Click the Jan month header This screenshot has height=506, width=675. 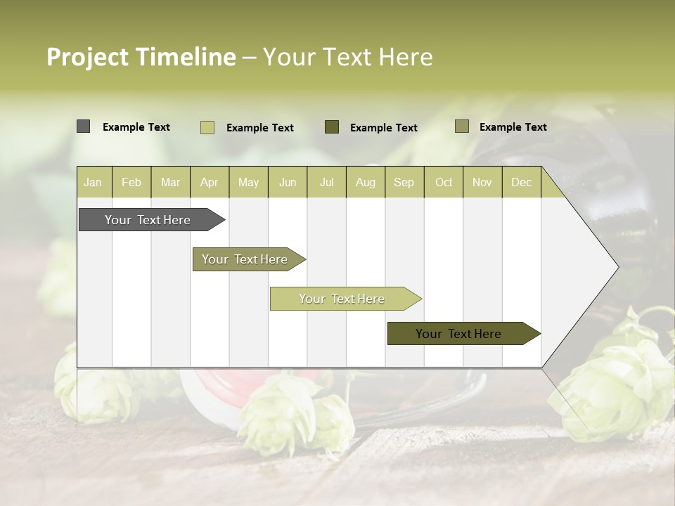pyautogui.click(x=93, y=182)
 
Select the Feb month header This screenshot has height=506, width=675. pyautogui.click(x=131, y=182)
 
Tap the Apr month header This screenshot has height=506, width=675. pyautogui.click(x=209, y=182)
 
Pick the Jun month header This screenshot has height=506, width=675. pyautogui.click(x=288, y=182)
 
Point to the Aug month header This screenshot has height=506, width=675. pyautogui.click(x=365, y=182)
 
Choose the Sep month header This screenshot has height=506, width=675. pyautogui.click(x=404, y=182)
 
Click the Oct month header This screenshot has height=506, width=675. pyautogui.click(x=444, y=182)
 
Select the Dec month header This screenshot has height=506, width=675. pyautogui.click(x=521, y=182)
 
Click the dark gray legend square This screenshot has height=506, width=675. pyautogui.click(x=83, y=126)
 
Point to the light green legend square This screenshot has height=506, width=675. pyautogui.click(x=207, y=127)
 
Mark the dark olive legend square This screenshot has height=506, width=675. pyautogui.click(x=332, y=126)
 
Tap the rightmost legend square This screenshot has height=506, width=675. pyautogui.click(x=462, y=126)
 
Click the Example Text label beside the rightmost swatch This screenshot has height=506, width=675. pyautogui.click(x=513, y=127)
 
